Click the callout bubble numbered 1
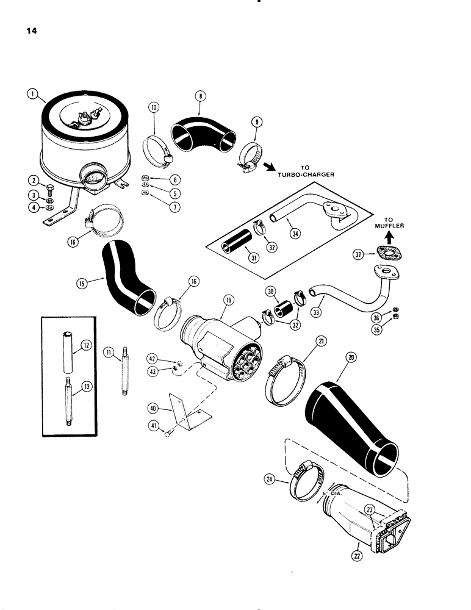coord(33,93)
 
